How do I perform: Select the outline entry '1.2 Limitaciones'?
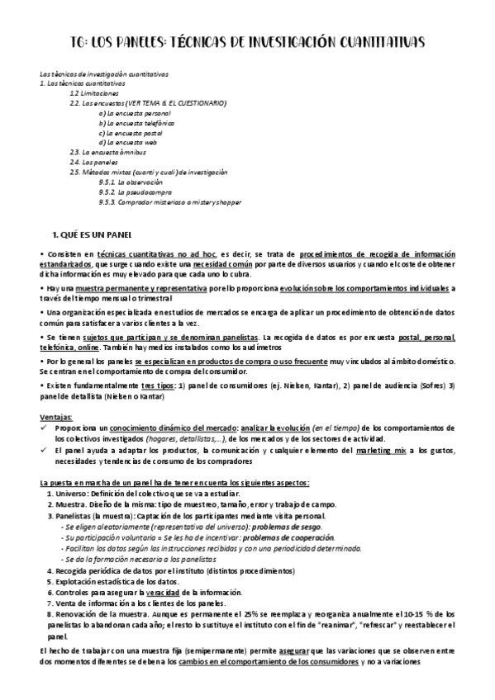(x=96, y=93)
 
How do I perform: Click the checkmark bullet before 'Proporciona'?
(x=45, y=427)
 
